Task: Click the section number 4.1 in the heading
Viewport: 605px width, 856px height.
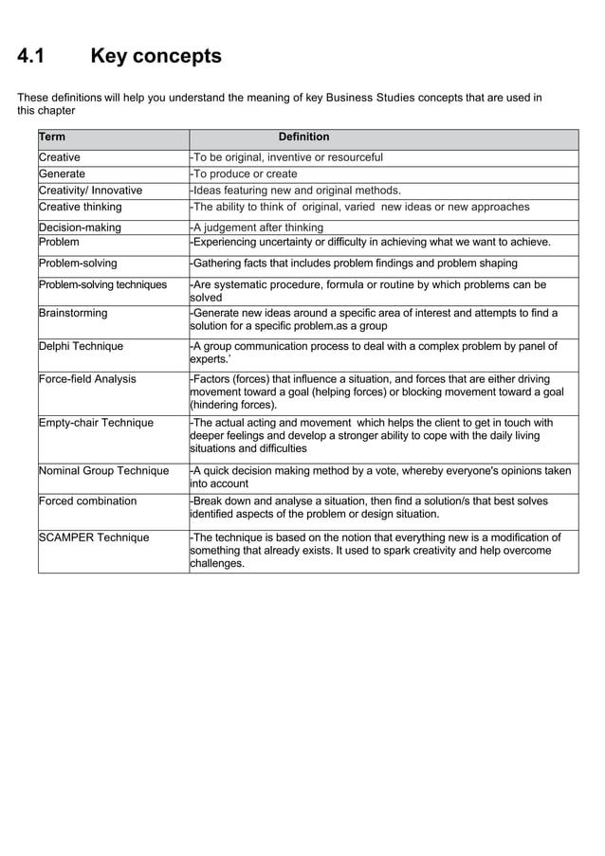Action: click(32, 57)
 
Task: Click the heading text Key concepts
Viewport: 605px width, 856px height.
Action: click(156, 57)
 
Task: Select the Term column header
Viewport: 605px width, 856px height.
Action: click(52, 137)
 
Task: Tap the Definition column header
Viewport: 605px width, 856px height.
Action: click(303, 137)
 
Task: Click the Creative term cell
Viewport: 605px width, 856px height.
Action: click(60, 157)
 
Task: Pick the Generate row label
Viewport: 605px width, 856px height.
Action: click(62, 174)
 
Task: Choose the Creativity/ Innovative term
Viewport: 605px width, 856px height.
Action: click(90, 191)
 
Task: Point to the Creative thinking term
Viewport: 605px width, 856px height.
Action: click(81, 207)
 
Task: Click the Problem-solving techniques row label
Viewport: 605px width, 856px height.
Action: click(102, 284)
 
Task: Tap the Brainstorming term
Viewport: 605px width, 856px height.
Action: click(73, 313)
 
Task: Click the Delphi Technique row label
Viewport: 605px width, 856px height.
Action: click(81, 346)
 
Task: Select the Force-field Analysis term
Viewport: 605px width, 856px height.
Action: click(87, 379)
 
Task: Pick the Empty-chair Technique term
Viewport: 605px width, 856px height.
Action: click(96, 423)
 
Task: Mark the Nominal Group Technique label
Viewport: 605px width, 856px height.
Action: click(103, 470)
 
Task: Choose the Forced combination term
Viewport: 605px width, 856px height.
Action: click(87, 501)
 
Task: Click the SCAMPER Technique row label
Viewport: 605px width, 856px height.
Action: click(94, 537)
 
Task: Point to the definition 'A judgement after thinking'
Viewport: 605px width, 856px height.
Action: click(258, 228)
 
